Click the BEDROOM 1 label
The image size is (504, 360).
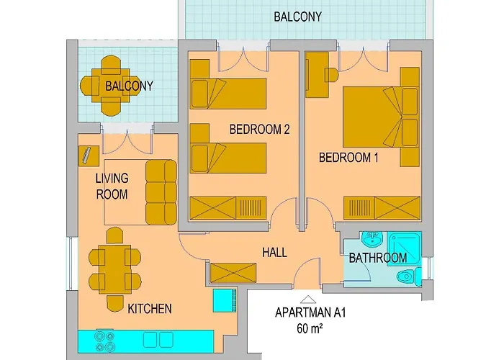click(349, 157)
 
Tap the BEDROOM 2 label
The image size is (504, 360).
click(259, 130)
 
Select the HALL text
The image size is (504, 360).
click(274, 253)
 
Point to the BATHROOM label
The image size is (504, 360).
click(378, 258)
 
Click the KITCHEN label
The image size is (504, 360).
click(150, 310)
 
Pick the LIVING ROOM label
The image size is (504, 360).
click(112, 186)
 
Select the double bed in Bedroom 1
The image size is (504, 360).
click(380, 115)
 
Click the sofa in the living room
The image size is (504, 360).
click(161, 192)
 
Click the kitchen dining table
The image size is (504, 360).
click(114, 268)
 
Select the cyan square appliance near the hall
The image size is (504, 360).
click(225, 300)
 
